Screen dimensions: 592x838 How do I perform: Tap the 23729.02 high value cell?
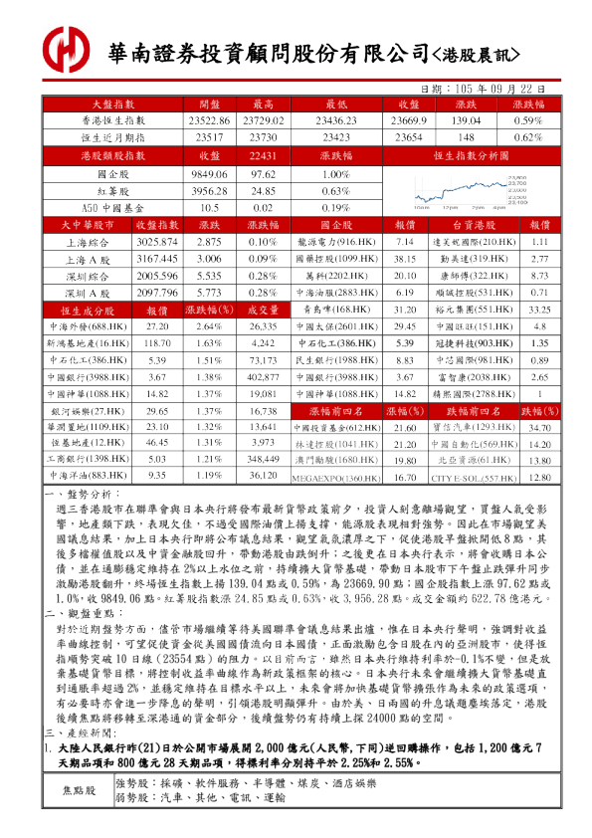(x=263, y=120)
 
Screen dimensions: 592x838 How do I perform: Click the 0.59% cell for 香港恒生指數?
(x=528, y=120)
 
